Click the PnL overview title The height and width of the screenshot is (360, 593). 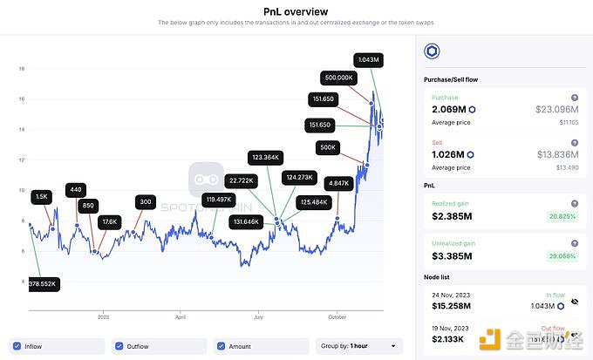pos(296,11)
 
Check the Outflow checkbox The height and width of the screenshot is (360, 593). pos(120,346)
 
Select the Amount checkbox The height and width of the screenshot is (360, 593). pos(222,346)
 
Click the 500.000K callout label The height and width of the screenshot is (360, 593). pos(337,77)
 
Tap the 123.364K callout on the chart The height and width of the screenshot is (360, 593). pos(265,157)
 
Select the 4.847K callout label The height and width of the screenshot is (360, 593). pos(337,183)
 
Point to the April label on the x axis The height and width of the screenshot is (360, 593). pos(181,318)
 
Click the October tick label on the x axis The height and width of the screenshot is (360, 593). pos(337,318)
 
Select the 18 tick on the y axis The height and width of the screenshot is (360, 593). pos(21,69)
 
